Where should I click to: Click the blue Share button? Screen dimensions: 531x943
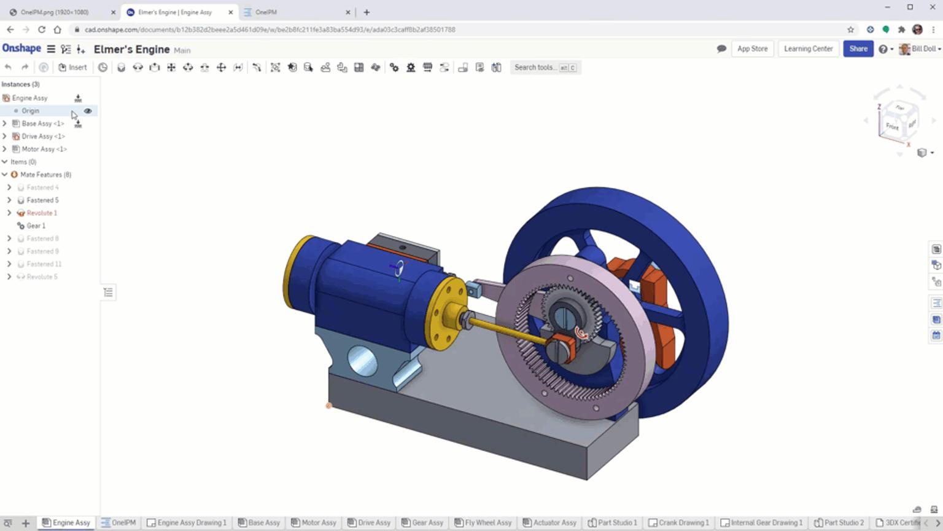[858, 49]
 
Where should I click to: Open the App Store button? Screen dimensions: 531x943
[752, 49]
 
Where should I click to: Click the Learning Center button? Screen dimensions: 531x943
[808, 49]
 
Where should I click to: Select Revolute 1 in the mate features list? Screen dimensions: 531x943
[42, 213]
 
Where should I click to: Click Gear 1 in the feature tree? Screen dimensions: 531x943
[36, 226]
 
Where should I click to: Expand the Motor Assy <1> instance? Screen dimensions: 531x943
[5, 149]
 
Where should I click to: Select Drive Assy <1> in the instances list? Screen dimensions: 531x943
[43, 136]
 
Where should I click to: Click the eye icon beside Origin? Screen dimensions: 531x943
[88, 111]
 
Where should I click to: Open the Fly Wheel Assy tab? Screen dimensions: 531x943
[487, 523]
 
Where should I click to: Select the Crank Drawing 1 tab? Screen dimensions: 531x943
[683, 523]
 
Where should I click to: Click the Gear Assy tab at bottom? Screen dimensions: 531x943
[427, 523]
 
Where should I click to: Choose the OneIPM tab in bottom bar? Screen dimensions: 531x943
[123, 523]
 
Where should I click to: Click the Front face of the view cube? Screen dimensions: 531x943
[891, 127]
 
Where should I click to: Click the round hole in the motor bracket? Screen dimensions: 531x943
[362, 360]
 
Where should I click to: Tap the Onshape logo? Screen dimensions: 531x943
[21, 49]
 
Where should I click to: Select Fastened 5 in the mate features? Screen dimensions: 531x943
[42, 200]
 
